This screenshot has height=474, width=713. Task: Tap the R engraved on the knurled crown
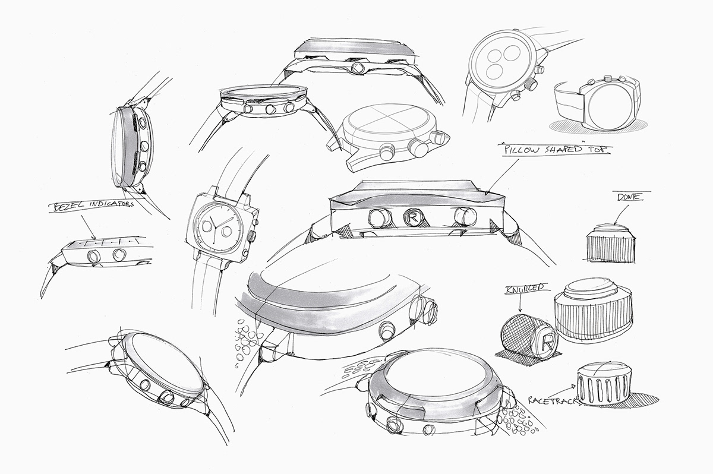point(544,343)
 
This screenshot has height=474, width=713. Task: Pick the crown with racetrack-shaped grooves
point(605,385)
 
